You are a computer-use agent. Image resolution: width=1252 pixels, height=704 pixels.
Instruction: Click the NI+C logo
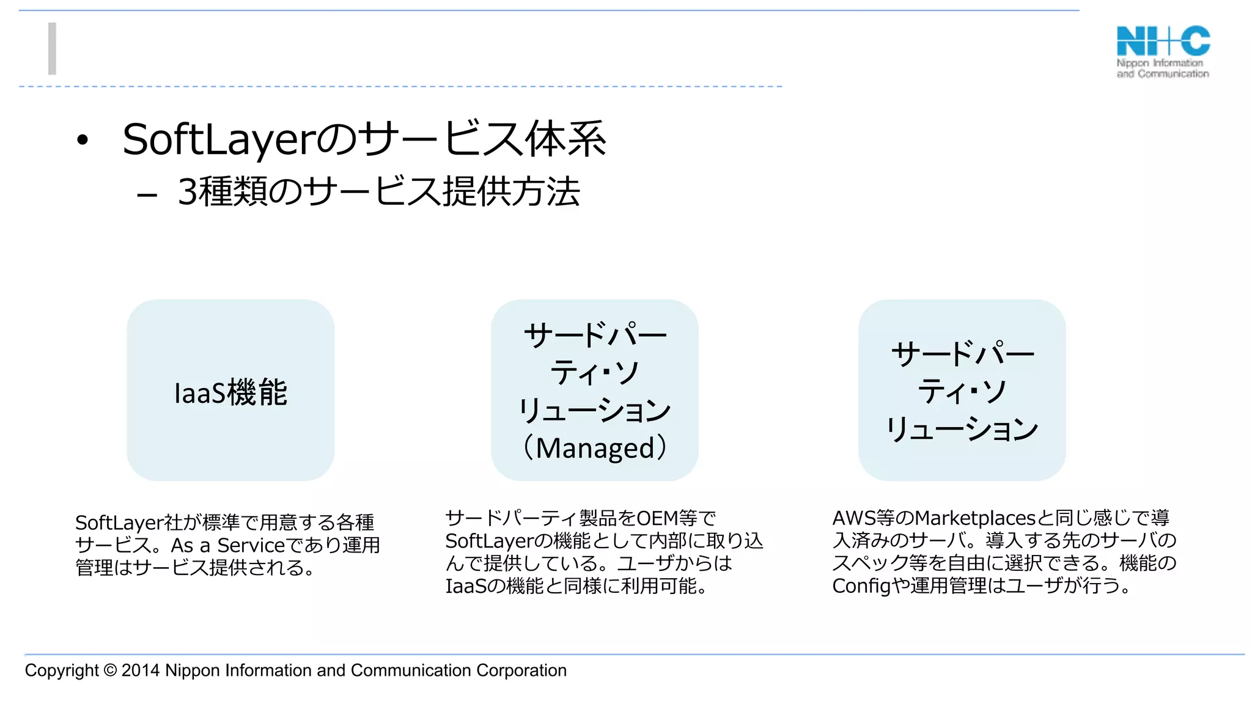tap(1163, 42)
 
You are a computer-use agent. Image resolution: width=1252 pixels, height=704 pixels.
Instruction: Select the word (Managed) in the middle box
tap(595, 448)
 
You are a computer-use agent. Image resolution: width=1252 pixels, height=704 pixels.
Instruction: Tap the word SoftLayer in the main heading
tap(218, 140)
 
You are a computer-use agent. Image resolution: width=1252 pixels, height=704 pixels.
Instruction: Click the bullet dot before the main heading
tap(83, 141)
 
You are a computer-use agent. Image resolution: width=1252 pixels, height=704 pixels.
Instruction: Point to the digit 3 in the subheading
tap(187, 192)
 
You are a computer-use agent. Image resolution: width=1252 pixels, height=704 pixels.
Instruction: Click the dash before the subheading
tap(147, 196)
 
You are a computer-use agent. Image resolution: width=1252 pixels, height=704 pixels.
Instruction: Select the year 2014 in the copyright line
tap(141, 670)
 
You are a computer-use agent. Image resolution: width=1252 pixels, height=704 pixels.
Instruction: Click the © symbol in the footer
tap(110, 670)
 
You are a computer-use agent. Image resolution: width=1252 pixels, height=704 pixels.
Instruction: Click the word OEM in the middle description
tap(657, 518)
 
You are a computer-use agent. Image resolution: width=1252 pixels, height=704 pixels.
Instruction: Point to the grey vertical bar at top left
tap(53, 49)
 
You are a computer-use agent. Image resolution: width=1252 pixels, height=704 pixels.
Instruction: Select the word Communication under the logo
tap(1173, 74)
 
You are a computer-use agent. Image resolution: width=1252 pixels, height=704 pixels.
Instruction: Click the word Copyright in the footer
tap(61, 670)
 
